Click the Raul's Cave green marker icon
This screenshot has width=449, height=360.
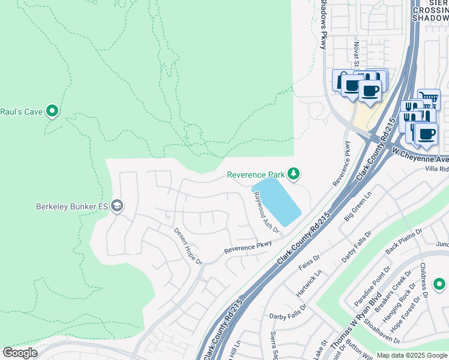click(x=52, y=110)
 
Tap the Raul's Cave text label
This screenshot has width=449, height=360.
click(x=22, y=111)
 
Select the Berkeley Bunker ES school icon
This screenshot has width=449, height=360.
click(x=116, y=206)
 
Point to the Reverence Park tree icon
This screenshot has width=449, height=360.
click(x=293, y=174)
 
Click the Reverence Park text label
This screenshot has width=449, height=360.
click(x=255, y=175)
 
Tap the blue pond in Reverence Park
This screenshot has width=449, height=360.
click(x=277, y=201)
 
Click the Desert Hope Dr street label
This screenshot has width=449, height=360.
click(x=188, y=246)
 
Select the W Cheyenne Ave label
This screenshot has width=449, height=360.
click(x=420, y=156)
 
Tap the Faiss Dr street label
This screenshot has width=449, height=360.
click(x=310, y=262)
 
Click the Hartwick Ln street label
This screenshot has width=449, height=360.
click(x=309, y=283)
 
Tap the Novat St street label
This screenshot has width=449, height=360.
click(x=355, y=58)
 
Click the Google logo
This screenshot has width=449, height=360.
click(x=20, y=353)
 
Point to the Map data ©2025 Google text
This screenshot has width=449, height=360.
click(x=412, y=355)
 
